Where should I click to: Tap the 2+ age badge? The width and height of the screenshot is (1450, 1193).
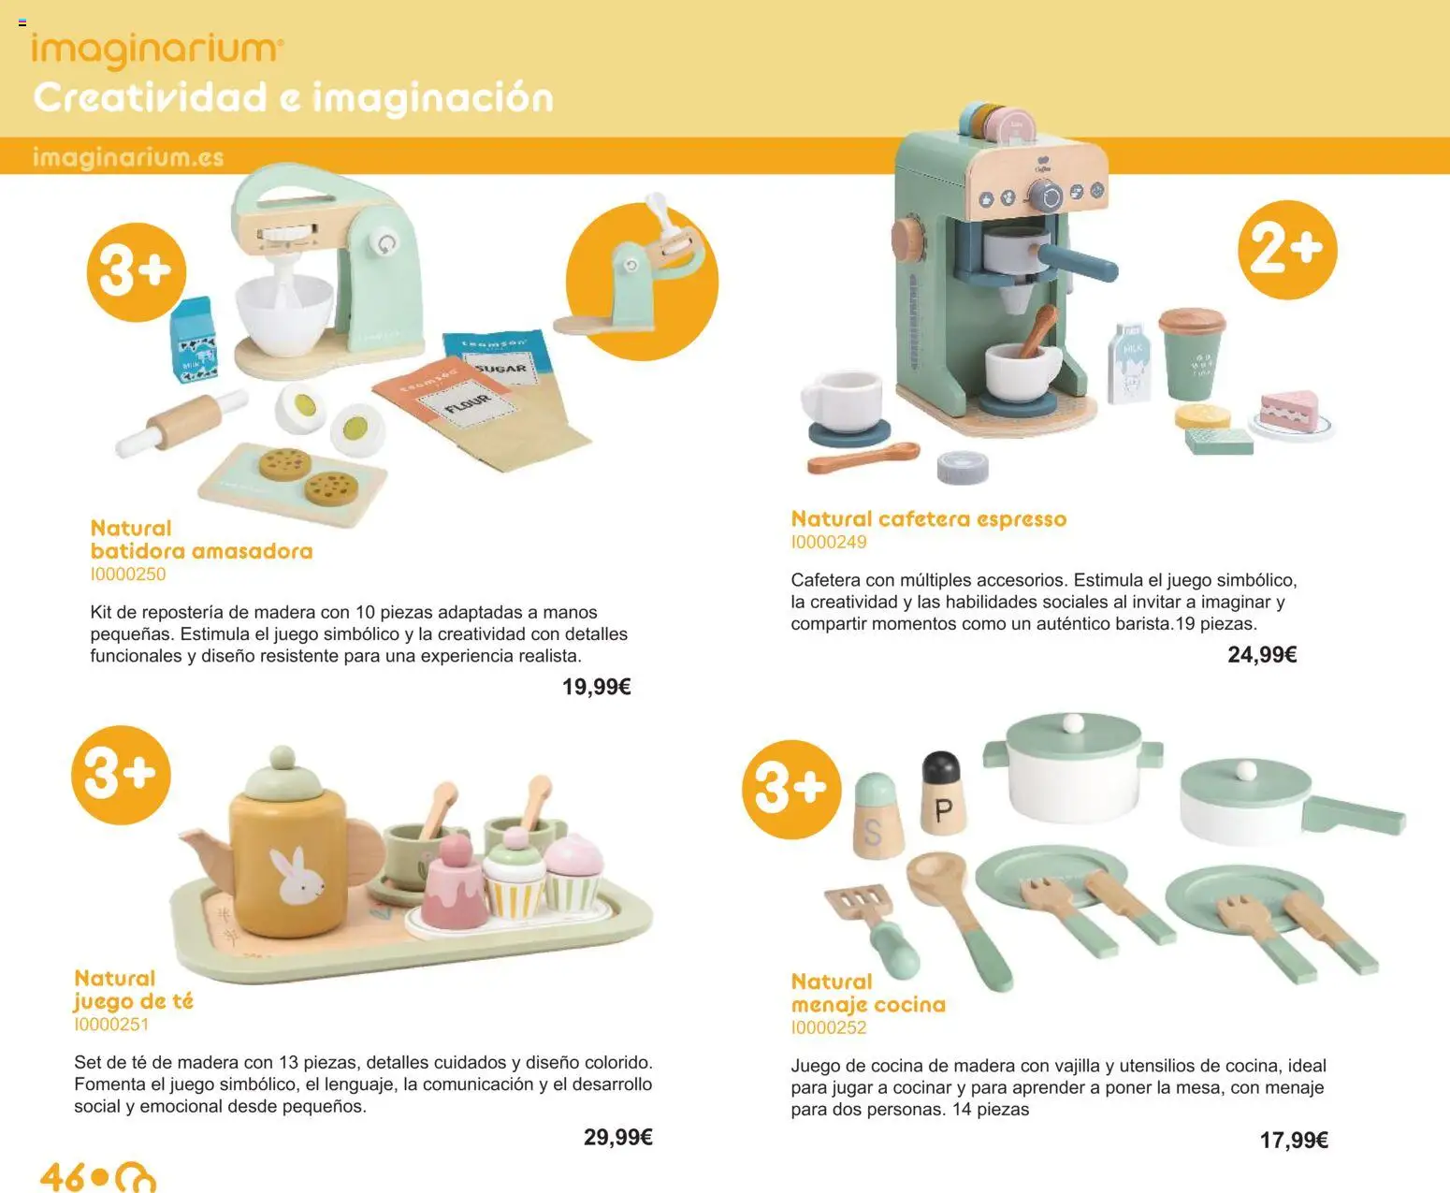tap(1287, 250)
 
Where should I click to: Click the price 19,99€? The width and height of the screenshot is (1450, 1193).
tap(596, 687)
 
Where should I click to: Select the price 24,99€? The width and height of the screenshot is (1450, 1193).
tap(1262, 655)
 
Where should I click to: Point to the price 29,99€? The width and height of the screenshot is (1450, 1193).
tap(617, 1137)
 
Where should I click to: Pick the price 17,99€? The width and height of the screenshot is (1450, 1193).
tap(1294, 1140)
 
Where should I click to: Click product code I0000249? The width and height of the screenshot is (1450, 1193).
tap(829, 542)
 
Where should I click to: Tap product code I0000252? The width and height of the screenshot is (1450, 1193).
tap(829, 1027)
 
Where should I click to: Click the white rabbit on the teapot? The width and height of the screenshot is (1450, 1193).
tap(297, 878)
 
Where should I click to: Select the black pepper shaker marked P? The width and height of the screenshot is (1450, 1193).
tap(942, 793)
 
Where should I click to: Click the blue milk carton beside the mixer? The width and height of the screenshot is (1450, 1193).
tap(194, 340)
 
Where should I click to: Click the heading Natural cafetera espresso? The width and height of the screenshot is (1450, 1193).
tap(928, 518)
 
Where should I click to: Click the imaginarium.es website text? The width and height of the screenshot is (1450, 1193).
tap(128, 157)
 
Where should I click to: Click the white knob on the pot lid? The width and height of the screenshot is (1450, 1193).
tap(1073, 723)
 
